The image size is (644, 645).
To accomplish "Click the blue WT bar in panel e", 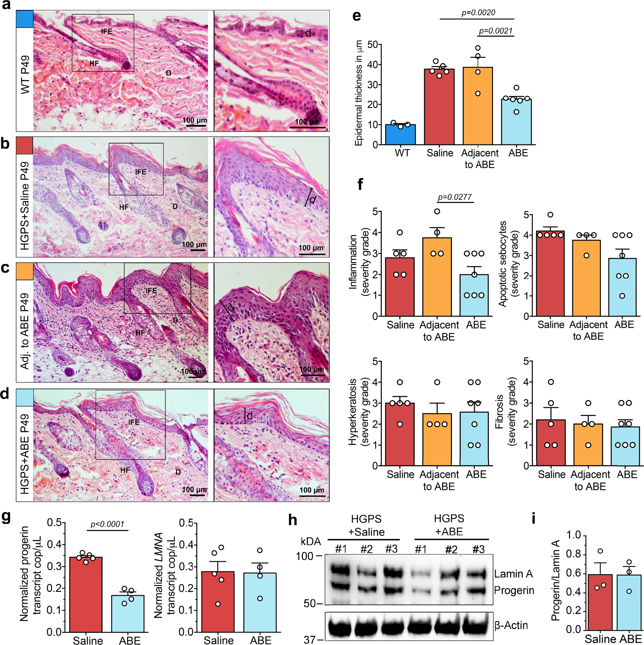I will (x=400, y=135).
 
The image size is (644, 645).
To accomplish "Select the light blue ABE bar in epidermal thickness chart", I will (x=516, y=122).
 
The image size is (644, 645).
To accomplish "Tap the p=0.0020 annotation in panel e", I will (x=478, y=13).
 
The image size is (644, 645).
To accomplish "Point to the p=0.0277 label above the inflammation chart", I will (x=455, y=197).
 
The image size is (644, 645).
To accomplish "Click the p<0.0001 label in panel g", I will (x=107, y=524).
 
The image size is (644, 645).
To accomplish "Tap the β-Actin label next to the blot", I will (x=511, y=625).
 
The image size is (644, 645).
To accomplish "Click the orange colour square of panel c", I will (x=25, y=271).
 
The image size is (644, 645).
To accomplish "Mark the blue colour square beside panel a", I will (x=25, y=19).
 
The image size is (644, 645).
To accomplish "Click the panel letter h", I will (x=292, y=520).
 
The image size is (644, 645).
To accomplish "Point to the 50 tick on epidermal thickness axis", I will (x=373, y=45).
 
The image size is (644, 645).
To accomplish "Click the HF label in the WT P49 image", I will (x=94, y=63).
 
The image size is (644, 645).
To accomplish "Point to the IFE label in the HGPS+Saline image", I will (x=141, y=172).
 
